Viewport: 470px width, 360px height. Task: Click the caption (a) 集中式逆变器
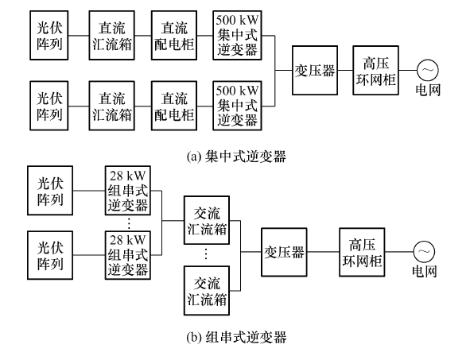(236, 157)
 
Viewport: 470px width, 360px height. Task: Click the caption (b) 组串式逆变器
(236, 337)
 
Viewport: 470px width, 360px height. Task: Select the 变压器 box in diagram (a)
(315, 71)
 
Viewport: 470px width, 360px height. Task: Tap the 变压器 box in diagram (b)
(284, 252)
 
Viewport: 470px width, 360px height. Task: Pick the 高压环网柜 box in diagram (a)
(375, 71)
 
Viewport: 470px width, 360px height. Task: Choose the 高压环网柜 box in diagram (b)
(362, 252)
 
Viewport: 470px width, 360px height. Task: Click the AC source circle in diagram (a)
(427, 70)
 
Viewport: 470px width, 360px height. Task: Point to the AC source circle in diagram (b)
(424, 252)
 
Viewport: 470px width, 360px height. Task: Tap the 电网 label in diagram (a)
(428, 90)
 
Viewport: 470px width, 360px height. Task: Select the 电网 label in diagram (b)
(424, 271)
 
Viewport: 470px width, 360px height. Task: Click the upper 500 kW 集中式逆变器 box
(237, 35)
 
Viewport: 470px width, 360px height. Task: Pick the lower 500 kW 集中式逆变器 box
(237, 106)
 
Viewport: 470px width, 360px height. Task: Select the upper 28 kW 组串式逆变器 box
(128, 190)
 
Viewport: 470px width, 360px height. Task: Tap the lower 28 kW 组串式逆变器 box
(128, 255)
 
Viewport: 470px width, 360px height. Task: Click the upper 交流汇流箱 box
(207, 220)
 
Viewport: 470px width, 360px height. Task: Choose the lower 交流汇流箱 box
(207, 290)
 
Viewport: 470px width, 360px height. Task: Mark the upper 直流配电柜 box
(174, 35)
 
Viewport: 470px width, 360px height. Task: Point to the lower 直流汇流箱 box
(111, 106)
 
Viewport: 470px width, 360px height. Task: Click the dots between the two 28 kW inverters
(129, 223)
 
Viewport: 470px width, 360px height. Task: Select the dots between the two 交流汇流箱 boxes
(206, 254)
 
